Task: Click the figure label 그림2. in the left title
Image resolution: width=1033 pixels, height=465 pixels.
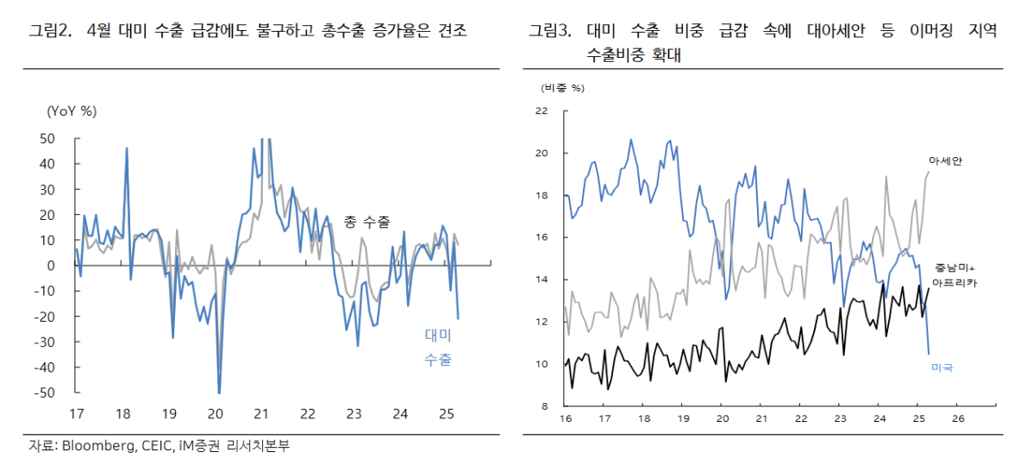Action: (x=48, y=32)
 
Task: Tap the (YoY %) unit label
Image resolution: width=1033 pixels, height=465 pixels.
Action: (x=72, y=110)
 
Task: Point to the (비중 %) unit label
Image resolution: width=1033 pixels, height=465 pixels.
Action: (x=563, y=88)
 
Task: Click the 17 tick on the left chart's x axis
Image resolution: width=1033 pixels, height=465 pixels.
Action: (x=77, y=413)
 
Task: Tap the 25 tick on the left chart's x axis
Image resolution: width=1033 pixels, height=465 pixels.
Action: (x=446, y=413)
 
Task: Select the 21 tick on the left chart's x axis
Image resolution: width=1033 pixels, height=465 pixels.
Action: (x=261, y=413)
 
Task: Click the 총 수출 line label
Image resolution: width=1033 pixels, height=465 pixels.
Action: (x=366, y=223)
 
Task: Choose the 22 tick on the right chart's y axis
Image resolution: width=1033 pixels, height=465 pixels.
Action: (x=542, y=110)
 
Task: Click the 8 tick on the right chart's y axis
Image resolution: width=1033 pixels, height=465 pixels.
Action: (x=545, y=405)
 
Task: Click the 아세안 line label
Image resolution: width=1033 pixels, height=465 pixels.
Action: (x=945, y=160)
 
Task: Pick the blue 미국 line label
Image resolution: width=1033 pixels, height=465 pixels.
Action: (x=942, y=368)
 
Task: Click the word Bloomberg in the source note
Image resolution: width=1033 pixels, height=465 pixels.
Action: (x=94, y=446)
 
